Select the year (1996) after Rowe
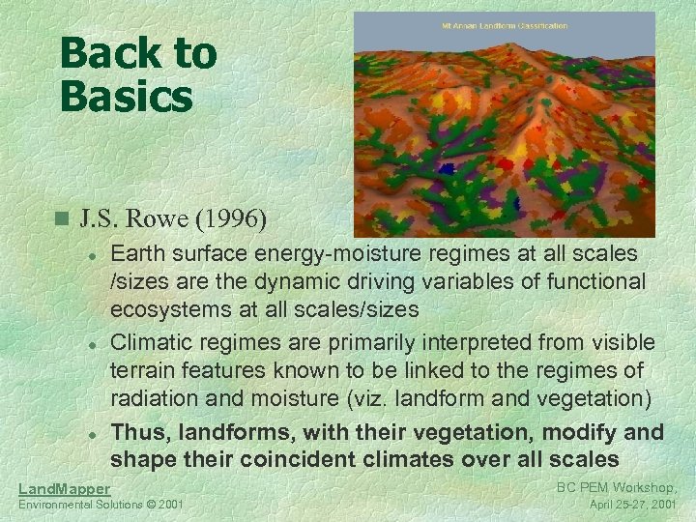(x=232, y=218)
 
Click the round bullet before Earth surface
(x=89, y=254)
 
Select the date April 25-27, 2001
(x=632, y=505)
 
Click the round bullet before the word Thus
(x=89, y=433)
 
